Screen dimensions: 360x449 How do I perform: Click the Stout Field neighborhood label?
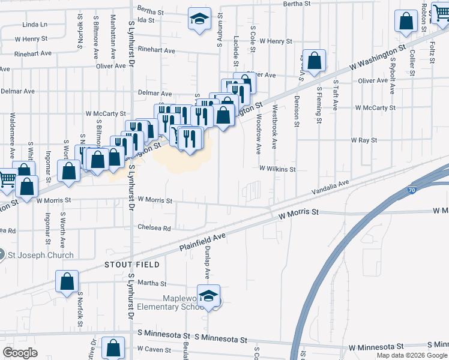132,264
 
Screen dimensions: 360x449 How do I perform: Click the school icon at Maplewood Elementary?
208,297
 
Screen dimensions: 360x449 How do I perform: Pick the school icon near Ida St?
199,19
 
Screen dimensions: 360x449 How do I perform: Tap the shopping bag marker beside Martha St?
67,281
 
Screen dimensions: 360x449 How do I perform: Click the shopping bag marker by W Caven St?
113,347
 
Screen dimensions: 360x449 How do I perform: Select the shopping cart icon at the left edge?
7,178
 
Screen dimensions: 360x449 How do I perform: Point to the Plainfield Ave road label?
202,242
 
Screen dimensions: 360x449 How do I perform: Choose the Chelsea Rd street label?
155,228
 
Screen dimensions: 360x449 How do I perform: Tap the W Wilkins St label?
277,170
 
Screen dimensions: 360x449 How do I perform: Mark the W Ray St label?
364,140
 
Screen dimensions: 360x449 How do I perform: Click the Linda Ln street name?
34,25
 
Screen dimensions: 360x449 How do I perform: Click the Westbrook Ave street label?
275,127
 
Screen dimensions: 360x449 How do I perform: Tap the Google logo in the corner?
20,353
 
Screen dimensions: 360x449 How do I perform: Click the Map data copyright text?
412,355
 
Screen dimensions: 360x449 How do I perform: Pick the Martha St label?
152,283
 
